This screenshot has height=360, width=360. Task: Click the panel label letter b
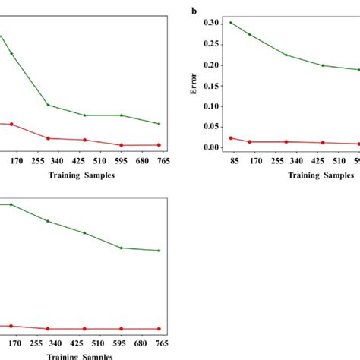pos(194,11)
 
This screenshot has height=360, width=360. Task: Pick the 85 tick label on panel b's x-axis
pos(233,161)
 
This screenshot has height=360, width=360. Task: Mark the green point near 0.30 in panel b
pos(231,23)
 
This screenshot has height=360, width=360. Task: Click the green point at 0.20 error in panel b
pos(323,65)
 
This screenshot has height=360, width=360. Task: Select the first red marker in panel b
pos(231,138)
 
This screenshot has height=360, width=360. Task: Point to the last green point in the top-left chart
pos(159,124)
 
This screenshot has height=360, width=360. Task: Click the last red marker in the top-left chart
pos(159,145)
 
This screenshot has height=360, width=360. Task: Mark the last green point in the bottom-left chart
pos(159,251)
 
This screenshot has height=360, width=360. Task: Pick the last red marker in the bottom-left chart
pos(159,329)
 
